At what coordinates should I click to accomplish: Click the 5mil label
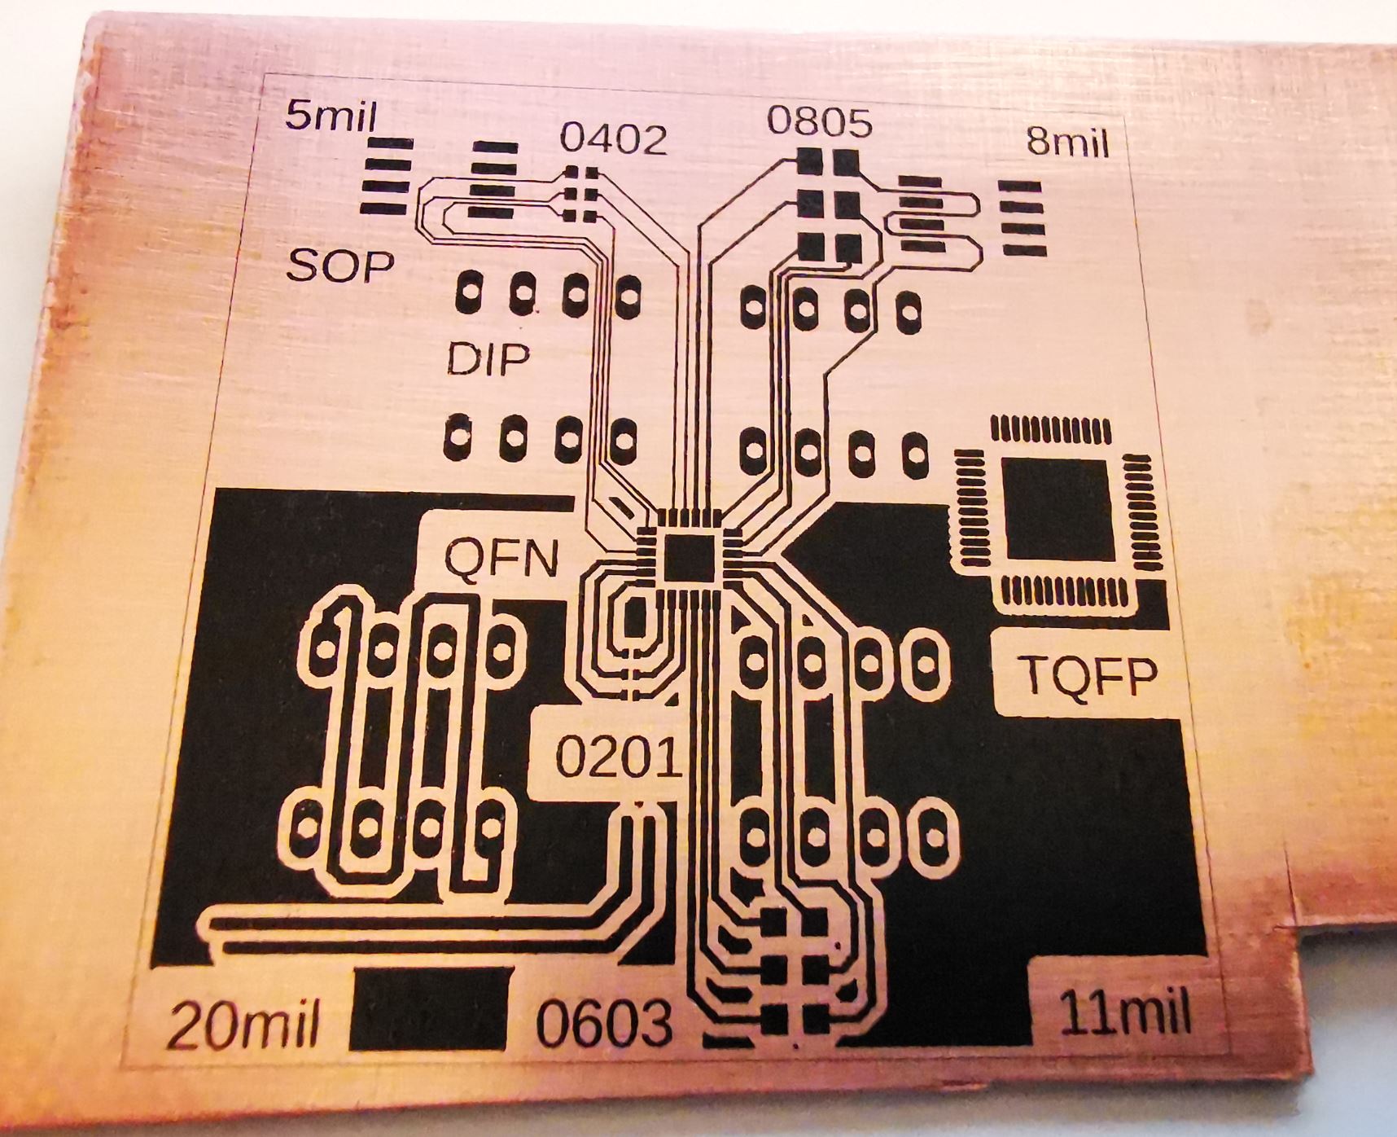click(331, 117)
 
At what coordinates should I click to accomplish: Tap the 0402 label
click(613, 139)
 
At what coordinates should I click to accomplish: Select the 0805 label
click(819, 122)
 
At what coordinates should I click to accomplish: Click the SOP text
click(340, 265)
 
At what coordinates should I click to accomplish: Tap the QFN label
click(501, 559)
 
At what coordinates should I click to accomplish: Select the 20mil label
click(243, 1026)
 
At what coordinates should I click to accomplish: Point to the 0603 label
click(605, 1023)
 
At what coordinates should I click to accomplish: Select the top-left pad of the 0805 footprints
click(810, 160)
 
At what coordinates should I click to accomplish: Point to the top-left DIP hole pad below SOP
click(470, 291)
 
